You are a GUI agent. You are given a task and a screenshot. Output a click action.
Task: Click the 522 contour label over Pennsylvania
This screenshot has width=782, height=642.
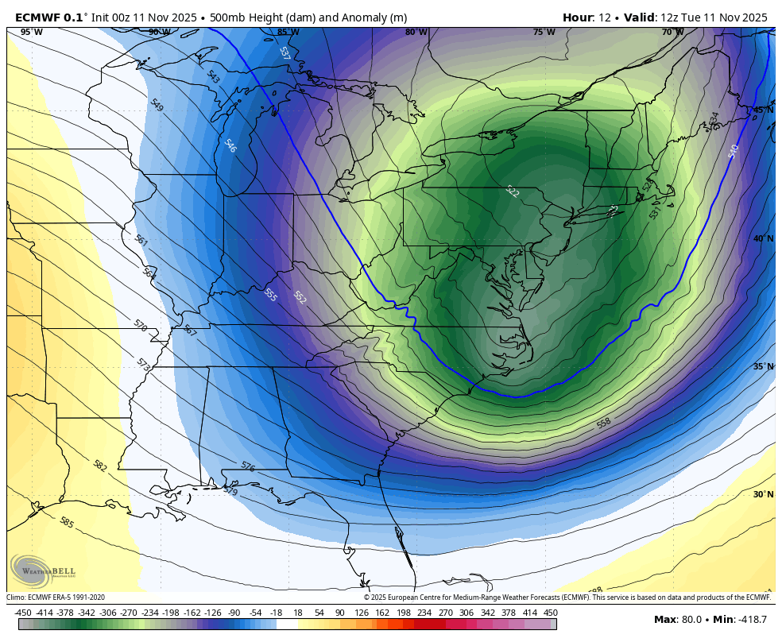(513, 191)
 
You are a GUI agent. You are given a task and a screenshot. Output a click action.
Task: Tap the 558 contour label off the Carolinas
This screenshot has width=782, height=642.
(604, 423)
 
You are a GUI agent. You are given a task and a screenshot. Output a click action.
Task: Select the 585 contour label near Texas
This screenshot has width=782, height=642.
(67, 523)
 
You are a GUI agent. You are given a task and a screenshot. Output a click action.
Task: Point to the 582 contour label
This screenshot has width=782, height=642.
(99, 466)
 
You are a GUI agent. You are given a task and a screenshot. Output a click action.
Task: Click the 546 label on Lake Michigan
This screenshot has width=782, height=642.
(230, 146)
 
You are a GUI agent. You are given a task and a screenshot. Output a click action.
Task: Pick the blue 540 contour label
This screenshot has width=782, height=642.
(733, 151)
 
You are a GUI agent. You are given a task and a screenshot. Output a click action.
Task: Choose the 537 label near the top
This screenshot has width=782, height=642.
(285, 53)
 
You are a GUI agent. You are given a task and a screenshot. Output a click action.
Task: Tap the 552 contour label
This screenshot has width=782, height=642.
(300, 298)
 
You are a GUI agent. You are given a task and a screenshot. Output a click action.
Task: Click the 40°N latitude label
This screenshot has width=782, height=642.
(763, 238)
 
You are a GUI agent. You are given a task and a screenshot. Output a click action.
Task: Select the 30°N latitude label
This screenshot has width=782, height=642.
(763, 494)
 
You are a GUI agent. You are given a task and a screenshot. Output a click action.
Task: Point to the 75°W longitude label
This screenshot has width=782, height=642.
(544, 32)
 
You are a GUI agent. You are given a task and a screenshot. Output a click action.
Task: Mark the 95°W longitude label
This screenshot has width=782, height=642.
(32, 32)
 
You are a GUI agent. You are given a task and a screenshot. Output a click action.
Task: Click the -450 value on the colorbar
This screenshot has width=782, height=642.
(23, 613)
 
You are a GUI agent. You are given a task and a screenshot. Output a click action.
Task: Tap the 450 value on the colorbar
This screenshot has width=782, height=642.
(550, 613)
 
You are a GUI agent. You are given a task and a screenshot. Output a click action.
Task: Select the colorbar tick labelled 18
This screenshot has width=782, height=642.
(298, 613)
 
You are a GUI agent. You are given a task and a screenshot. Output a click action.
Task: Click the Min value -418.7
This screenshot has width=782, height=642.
(751, 620)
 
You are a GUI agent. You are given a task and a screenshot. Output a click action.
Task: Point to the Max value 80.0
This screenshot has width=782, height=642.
(692, 620)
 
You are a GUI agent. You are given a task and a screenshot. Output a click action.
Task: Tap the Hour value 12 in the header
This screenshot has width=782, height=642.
(606, 17)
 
